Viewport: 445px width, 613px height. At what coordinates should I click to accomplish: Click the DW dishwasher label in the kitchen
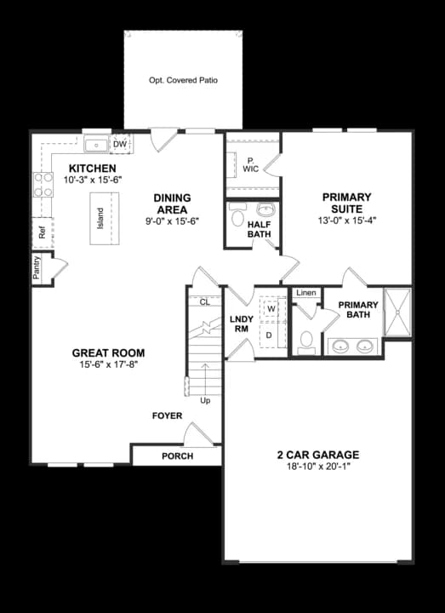tap(120, 145)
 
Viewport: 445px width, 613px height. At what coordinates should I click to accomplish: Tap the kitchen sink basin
tap(96, 145)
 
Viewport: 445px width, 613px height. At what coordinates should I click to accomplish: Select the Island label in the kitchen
tap(100, 218)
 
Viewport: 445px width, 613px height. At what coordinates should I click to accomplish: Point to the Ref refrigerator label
tap(43, 233)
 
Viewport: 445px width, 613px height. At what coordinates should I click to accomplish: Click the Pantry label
tap(37, 268)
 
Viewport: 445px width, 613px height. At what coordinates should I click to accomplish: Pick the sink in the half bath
tap(266, 209)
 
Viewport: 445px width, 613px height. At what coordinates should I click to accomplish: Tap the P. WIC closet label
tap(250, 165)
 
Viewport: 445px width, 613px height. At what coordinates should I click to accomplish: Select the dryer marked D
tap(269, 335)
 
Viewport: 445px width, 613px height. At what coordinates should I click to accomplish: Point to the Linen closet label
tap(306, 293)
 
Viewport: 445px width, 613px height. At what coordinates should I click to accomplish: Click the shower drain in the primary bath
tap(397, 312)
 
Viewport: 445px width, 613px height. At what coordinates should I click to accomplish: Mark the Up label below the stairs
tap(205, 401)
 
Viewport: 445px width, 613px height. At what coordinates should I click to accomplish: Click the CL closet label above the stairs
tap(205, 302)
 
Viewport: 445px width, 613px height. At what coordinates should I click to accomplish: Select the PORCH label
tap(177, 456)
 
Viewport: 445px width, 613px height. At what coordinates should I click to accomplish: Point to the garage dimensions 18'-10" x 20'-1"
tap(318, 467)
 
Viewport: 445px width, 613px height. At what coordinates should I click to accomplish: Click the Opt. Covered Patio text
tap(183, 80)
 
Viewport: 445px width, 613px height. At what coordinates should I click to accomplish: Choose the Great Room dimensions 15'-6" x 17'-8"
tap(108, 364)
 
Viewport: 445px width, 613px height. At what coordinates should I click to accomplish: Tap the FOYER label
tap(168, 415)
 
